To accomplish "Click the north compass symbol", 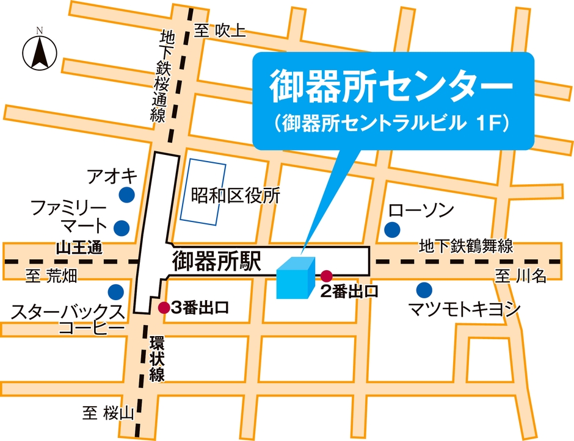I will pyautogui.click(x=38, y=51).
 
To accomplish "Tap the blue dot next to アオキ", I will pyautogui.click(x=126, y=195).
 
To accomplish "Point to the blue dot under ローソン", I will pyautogui.click(x=391, y=230).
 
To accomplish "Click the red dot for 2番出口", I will pyautogui.click(x=326, y=275).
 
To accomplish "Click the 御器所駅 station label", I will pyautogui.click(x=217, y=262).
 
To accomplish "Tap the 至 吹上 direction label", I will pyautogui.click(x=220, y=30).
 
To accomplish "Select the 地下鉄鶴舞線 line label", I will pyautogui.click(x=465, y=246).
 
